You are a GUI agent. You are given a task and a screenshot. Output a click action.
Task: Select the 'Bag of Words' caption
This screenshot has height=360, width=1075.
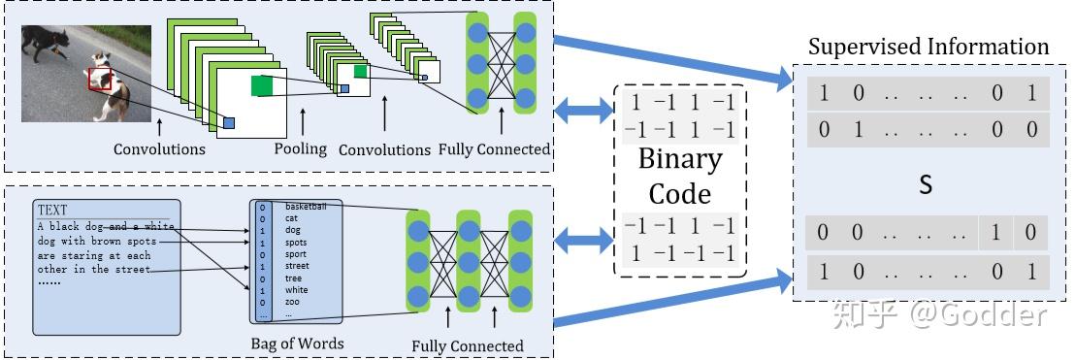(x=296, y=343)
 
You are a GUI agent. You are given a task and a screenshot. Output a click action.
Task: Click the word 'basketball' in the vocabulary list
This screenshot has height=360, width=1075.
(x=306, y=207)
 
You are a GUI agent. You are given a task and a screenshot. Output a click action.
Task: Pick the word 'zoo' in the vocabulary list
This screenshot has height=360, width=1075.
(x=293, y=302)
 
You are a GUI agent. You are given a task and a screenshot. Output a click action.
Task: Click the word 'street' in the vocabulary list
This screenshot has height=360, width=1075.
(x=297, y=265)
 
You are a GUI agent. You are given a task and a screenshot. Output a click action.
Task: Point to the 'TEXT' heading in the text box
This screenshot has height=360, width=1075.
(x=52, y=209)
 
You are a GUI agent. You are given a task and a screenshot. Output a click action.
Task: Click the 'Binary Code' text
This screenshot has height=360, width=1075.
(x=680, y=176)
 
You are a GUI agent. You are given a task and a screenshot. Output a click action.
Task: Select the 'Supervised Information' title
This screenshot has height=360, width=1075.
(x=928, y=47)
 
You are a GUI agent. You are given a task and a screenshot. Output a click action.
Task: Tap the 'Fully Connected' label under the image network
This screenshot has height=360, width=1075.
(x=494, y=149)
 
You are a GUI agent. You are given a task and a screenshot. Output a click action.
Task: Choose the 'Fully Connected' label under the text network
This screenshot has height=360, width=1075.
(x=468, y=345)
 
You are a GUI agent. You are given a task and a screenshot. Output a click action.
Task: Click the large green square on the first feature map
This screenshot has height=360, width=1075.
(x=262, y=85)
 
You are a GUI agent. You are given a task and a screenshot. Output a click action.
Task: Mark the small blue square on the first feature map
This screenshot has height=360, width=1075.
(x=229, y=123)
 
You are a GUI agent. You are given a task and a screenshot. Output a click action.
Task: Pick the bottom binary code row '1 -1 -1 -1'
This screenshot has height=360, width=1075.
(x=680, y=252)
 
